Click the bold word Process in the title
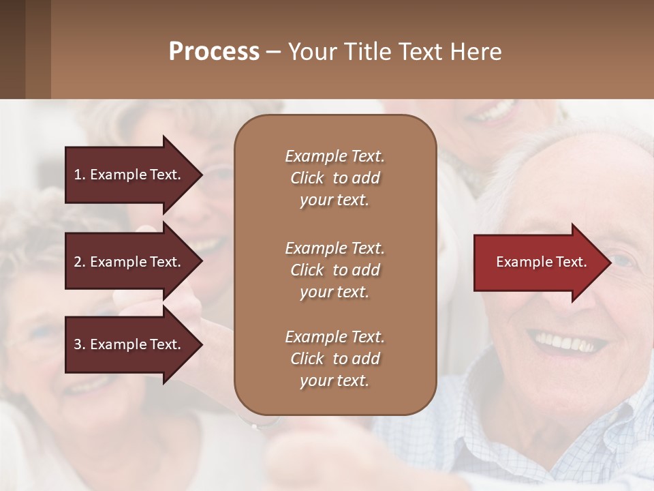pos(214,52)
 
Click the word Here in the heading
pos(476,52)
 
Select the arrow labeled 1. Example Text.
pos(129,175)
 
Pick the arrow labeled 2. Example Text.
pos(129,262)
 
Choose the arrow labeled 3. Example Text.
pos(129,344)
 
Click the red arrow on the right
pos(538,262)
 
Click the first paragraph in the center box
pos(334,178)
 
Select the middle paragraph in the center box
pos(334,270)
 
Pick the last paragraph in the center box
pos(334,359)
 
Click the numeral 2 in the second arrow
pos(77,262)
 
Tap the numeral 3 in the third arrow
pos(77,344)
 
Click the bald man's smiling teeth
pos(569,341)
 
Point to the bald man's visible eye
pos(621,261)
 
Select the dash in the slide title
pos(273,53)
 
